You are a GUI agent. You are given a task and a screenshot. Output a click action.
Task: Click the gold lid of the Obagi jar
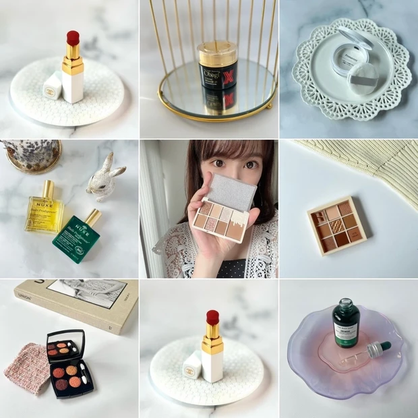[x=217, y=51]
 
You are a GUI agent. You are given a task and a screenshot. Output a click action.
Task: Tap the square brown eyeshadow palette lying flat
[x=336, y=226]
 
